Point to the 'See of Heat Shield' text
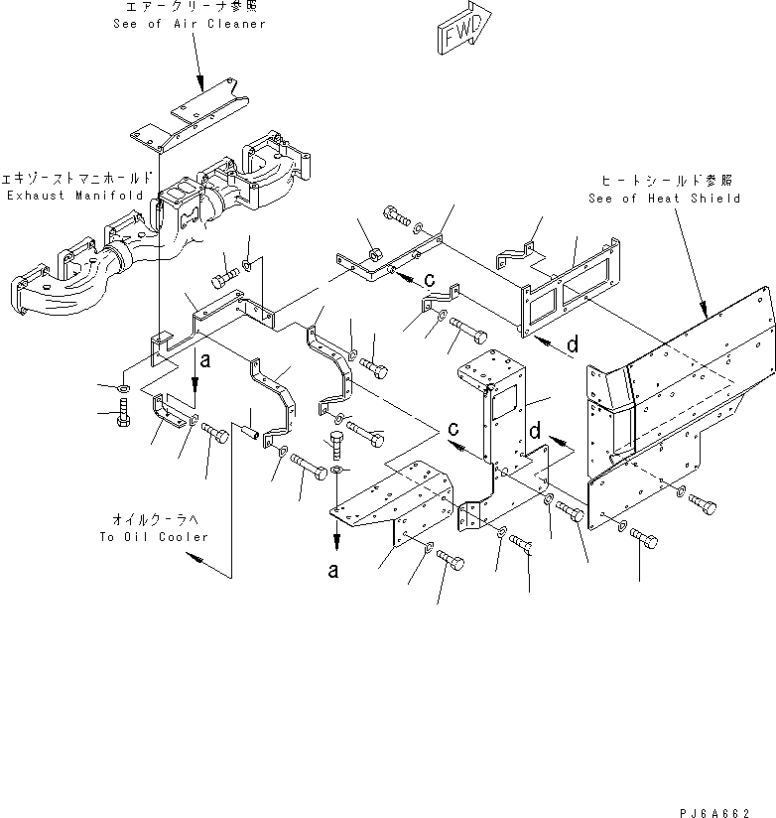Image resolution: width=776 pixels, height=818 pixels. pyautogui.click(x=679, y=199)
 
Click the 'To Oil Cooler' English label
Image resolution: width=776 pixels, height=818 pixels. pyautogui.click(x=154, y=536)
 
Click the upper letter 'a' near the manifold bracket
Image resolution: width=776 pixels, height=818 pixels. pyautogui.click(x=204, y=363)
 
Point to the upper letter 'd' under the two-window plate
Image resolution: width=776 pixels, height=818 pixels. pyautogui.click(x=574, y=346)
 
